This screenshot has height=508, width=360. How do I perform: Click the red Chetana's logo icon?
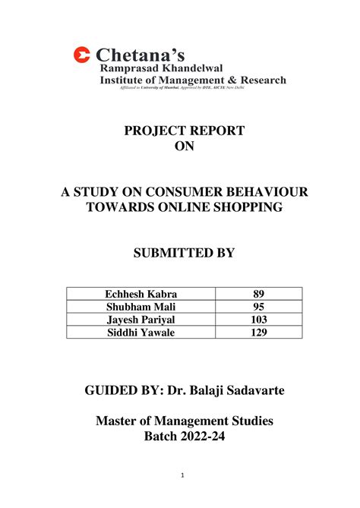[81, 55]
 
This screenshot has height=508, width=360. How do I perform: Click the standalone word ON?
[185, 147]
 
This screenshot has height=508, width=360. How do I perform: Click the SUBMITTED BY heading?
[185, 253]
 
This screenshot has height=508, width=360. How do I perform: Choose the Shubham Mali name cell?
[141, 308]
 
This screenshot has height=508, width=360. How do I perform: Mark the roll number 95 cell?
[258, 308]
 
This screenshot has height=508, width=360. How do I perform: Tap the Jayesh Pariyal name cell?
[141, 320]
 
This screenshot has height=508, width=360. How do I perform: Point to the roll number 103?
[258, 320]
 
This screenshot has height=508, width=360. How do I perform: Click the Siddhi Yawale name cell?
[141, 332]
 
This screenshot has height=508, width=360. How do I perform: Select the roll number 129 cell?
[258, 332]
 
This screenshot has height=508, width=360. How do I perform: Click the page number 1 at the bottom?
[183, 475]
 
